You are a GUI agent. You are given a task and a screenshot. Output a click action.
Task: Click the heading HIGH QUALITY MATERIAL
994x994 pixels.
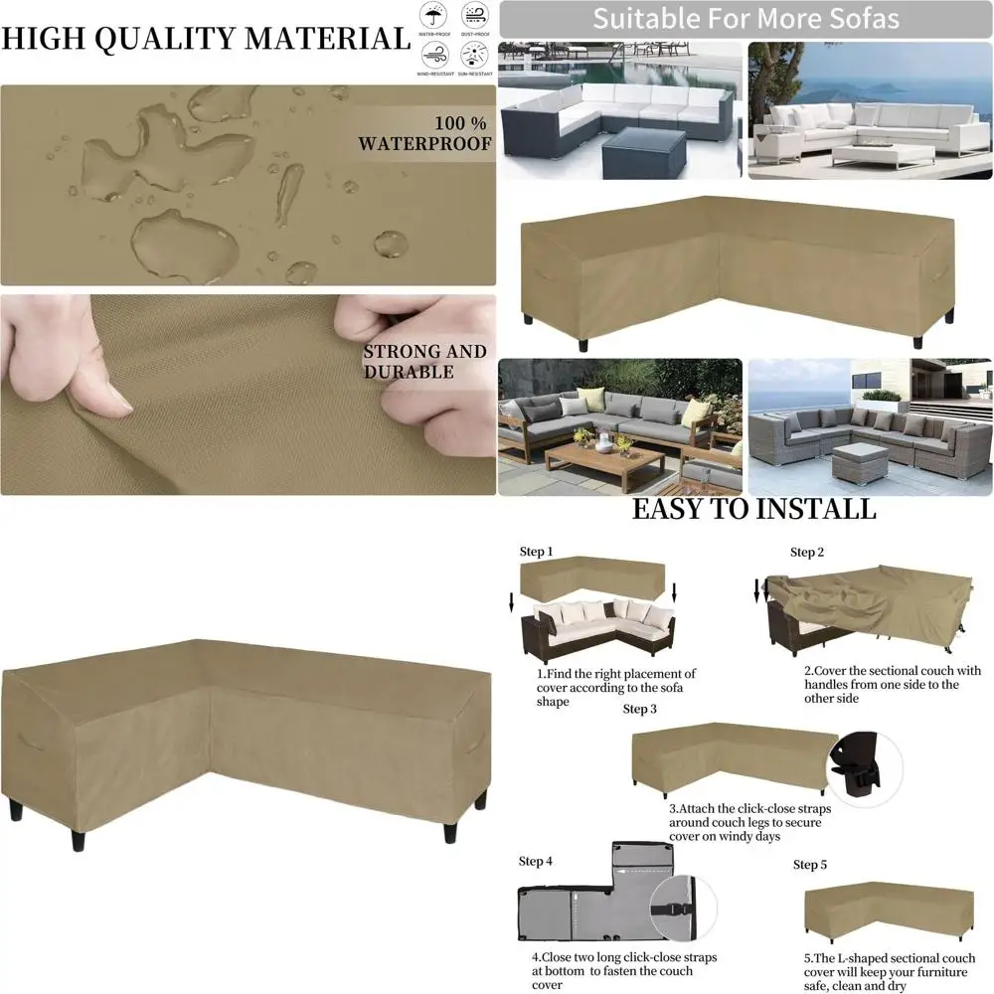tap(205, 39)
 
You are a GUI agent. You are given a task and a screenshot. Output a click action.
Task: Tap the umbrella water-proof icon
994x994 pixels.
tap(432, 17)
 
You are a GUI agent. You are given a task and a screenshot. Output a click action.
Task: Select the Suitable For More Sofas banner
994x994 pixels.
tap(745, 19)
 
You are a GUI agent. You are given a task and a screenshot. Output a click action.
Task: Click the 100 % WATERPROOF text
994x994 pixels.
tap(425, 134)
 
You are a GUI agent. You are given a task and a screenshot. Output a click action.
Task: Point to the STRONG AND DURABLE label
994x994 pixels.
tap(424, 362)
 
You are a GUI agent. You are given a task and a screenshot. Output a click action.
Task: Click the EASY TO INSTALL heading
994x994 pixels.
tap(754, 510)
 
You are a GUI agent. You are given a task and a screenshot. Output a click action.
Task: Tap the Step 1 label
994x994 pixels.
tap(536, 552)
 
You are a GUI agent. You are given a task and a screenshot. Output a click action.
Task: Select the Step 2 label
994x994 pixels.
tap(807, 553)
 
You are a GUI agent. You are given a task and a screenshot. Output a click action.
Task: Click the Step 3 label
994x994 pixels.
tap(640, 710)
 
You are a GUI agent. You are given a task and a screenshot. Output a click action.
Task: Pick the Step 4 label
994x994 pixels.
tap(536, 861)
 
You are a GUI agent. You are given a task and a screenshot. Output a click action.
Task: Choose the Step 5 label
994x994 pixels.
tap(810, 865)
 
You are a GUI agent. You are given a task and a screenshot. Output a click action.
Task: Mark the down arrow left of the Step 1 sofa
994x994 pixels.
tap(511, 601)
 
